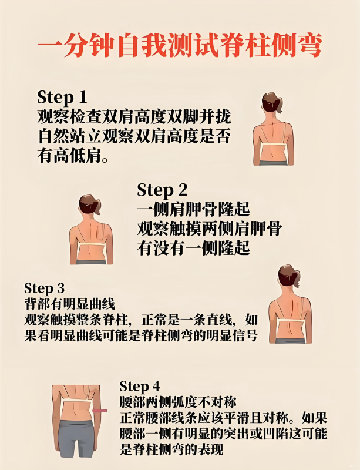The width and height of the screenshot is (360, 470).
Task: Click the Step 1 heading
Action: click(x=62, y=98)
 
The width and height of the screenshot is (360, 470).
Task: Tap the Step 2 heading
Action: click(x=162, y=190)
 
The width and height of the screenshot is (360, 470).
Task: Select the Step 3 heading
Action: click(x=45, y=288)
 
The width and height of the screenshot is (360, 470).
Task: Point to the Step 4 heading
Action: click(x=140, y=387)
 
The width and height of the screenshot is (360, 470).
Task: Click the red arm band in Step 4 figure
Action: click(x=100, y=411)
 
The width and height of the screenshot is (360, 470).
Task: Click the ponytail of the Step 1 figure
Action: click(x=279, y=105)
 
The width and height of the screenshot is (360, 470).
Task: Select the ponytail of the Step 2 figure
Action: click(x=97, y=206)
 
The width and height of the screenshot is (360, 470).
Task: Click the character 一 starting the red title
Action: click(x=49, y=46)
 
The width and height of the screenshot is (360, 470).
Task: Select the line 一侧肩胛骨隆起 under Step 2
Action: click(x=193, y=209)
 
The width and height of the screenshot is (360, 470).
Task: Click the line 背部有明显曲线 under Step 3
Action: click(x=69, y=304)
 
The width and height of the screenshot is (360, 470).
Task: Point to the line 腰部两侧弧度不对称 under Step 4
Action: click(x=178, y=402)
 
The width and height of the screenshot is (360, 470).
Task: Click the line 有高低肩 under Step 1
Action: click(x=73, y=156)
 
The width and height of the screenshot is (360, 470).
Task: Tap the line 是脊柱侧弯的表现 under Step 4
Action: click(x=171, y=449)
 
